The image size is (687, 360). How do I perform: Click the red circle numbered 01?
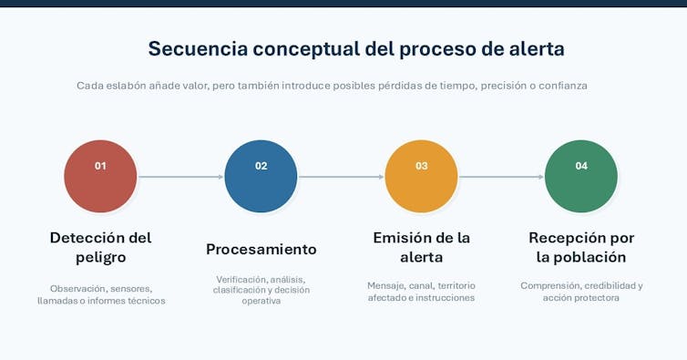pos(100,176)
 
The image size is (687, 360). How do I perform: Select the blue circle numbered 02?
pos(261,176)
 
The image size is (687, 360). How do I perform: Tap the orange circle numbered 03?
pos(421,176)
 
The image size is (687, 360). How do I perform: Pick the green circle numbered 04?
pos(581,176)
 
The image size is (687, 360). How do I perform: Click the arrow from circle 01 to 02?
pos(181,177)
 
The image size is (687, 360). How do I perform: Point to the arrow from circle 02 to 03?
pos(342,177)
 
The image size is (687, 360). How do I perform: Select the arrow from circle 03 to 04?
pos(501,177)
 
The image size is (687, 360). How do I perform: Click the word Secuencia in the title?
pos(198,48)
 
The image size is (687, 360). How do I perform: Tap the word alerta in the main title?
pos(537,48)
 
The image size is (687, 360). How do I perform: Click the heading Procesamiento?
pos(261,249)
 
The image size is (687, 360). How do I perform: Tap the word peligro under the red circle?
pos(101,257)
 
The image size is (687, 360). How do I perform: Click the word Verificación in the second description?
pos(241,279)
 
